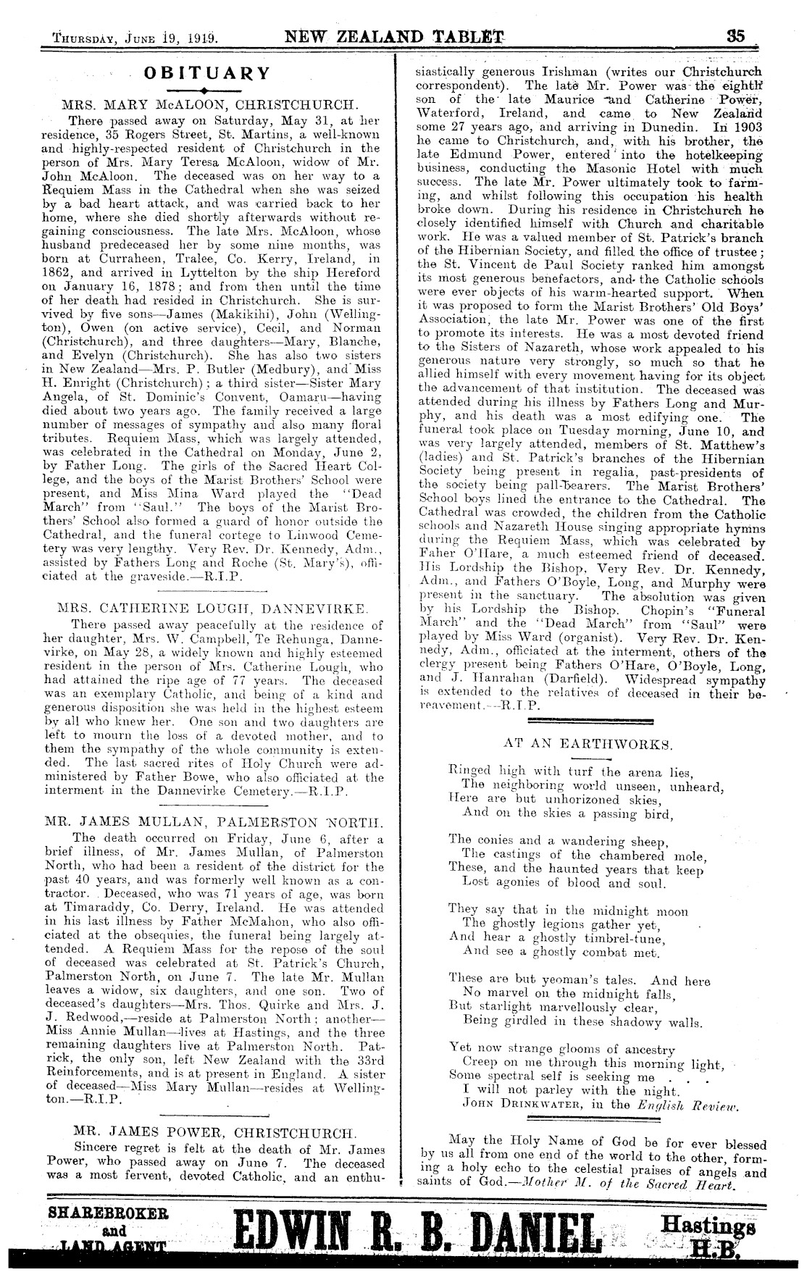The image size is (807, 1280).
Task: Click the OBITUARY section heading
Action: (207, 73)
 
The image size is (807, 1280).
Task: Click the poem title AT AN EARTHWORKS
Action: (587, 743)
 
